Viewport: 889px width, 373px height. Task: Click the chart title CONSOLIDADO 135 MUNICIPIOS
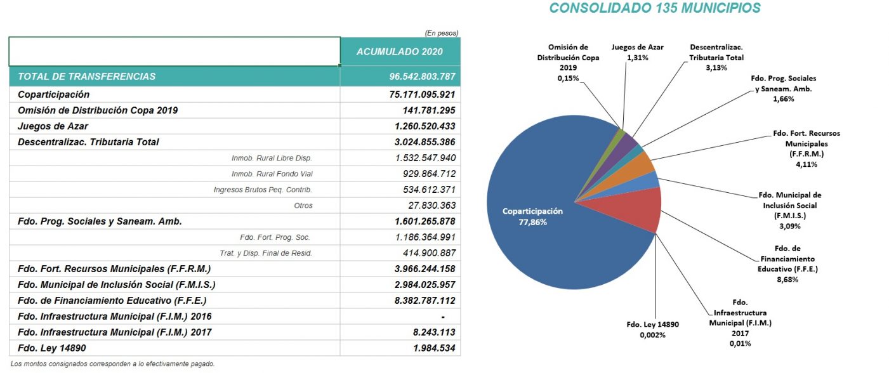pos(655,8)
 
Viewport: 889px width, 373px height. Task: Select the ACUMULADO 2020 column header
pos(400,52)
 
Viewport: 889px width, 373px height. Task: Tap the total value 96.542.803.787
pos(422,77)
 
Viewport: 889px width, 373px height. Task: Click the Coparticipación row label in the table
pos(53,95)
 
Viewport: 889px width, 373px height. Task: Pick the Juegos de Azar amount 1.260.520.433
pos(425,126)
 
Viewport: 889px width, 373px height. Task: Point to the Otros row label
pos(303,206)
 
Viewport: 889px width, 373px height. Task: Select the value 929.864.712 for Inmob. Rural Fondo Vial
pos(429,174)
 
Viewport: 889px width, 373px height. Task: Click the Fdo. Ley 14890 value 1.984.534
pos(434,348)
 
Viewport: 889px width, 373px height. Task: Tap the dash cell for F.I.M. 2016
pos(443,317)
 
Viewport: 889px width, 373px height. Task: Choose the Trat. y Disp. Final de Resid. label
pos(266,253)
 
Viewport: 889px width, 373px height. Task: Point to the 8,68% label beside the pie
pos(787,279)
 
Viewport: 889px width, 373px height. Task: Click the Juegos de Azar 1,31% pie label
pos(637,53)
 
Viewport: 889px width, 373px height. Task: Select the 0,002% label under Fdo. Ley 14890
pos(652,335)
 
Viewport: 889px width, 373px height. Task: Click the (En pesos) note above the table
pos(441,33)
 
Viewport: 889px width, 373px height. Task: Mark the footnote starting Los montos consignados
pos(112,363)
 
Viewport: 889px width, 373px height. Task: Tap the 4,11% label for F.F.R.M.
pos(807,164)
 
